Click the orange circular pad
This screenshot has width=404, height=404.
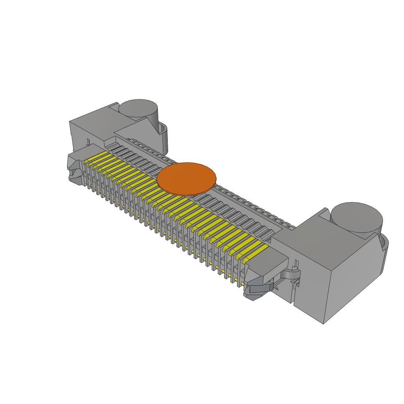[x=187, y=178]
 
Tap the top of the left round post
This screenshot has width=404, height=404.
[x=138, y=107]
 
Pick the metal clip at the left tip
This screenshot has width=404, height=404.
[x=75, y=168]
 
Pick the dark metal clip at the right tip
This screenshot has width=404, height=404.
[x=256, y=288]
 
